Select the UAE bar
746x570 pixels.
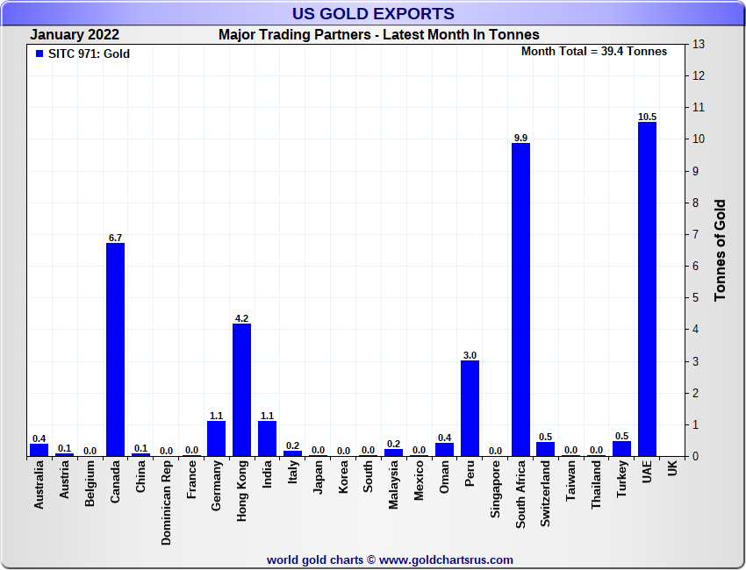click(x=647, y=289)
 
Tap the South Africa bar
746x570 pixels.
click(x=520, y=299)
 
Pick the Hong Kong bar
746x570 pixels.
click(x=241, y=389)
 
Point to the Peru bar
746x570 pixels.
click(x=470, y=408)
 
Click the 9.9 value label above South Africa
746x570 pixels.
click(x=520, y=138)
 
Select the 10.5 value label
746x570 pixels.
click(x=647, y=117)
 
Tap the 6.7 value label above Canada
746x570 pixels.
click(x=115, y=238)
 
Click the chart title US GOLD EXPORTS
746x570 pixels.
click(x=373, y=13)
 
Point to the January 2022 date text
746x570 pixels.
click(x=75, y=35)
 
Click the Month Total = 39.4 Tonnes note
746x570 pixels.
click(x=594, y=51)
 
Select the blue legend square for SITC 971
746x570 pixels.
click(x=39, y=53)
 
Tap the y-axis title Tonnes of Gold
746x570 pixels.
click(x=720, y=251)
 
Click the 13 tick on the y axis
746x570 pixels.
click(x=699, y=44)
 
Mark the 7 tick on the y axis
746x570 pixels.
click(x=697, y=234)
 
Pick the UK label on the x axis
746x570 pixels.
click(x=672, y=470)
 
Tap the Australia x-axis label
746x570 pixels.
click(x=39, y=486)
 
